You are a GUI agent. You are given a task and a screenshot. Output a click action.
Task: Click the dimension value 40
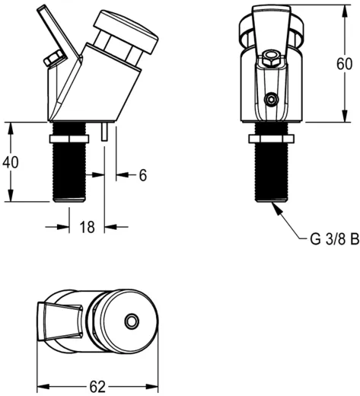click(11, 161)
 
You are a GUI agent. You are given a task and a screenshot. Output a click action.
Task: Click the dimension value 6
click(142, 175)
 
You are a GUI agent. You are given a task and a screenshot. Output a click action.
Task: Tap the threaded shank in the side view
click(74, 171)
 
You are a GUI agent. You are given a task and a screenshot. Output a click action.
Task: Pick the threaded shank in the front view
click(271, 171)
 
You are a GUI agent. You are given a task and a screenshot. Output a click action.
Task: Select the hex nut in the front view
click(271, 137)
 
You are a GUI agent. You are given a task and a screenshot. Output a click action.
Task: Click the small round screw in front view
click(270, 100)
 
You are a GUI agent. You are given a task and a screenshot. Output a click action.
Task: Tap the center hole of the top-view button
click(132, 323)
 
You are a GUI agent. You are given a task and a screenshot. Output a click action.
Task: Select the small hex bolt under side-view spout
click(53, 59)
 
